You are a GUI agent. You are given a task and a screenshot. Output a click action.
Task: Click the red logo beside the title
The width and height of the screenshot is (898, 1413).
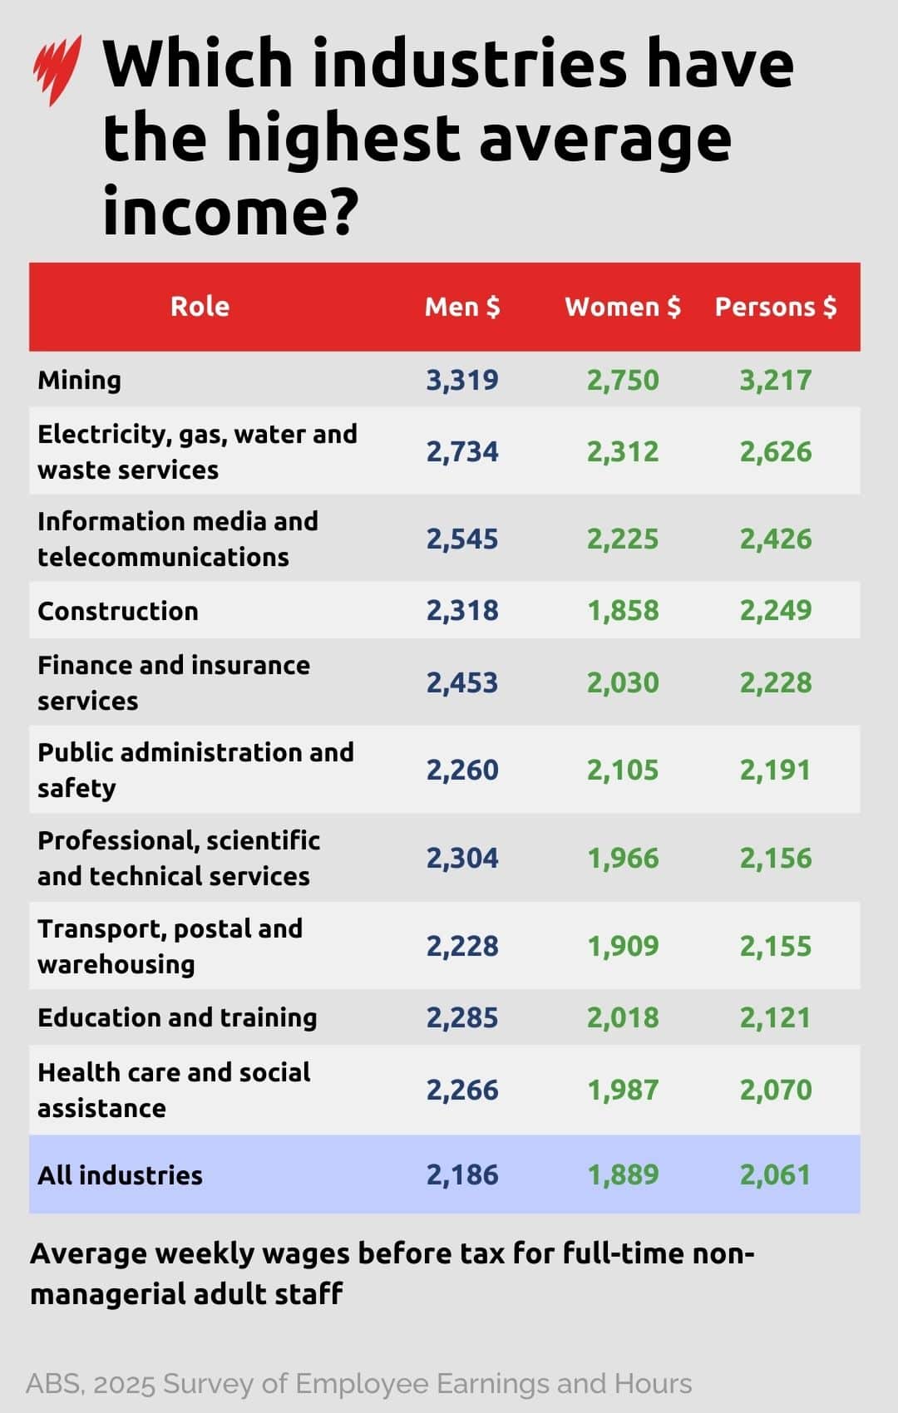pos(57,69)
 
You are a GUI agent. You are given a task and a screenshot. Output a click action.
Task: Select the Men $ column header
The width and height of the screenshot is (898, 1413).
pos(462,307)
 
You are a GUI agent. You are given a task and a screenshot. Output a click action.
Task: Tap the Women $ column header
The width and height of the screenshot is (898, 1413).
pos(623,307)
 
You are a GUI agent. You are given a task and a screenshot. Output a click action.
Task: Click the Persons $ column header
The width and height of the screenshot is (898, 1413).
pos(776,307)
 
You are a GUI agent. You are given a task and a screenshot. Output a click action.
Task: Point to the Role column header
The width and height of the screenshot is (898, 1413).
pos(200,307)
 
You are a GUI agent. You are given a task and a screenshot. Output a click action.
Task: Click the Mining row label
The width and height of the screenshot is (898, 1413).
pos(80,380)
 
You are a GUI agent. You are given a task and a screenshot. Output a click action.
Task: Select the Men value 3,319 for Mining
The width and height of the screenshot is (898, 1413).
pos(462,380)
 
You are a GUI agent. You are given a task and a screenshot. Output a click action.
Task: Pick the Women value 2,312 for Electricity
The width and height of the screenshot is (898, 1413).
pos(623,451)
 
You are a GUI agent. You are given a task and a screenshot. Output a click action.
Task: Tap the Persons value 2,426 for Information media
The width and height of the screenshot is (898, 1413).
pos(776,539)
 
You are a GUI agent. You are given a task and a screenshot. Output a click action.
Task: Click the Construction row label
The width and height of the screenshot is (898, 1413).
pos(118,611)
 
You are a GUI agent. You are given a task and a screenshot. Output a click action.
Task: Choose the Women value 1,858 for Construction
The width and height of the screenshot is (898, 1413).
pos(623,611)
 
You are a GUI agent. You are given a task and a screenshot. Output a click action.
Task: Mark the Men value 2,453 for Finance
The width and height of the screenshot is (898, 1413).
pos(462,682)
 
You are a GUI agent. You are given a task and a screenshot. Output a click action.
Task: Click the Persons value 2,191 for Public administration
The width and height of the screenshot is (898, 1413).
pos(776,770)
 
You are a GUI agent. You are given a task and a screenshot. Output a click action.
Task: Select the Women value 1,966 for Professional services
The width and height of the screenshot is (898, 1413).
pos(623,858)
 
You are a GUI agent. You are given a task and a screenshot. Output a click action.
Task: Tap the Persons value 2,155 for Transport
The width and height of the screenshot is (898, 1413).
pos(776,946)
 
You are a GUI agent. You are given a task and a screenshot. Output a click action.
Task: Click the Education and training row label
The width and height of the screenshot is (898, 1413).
pos(177,1017)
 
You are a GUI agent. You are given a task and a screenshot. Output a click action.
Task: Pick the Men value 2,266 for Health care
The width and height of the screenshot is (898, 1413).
pos(462,1090)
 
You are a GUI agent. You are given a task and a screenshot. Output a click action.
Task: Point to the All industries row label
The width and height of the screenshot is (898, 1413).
pos(120,1175)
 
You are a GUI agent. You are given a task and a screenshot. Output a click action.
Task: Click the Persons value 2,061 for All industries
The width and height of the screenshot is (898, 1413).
pos(776,1175)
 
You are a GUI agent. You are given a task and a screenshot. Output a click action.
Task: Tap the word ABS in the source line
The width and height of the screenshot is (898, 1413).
pos(54,1384)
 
